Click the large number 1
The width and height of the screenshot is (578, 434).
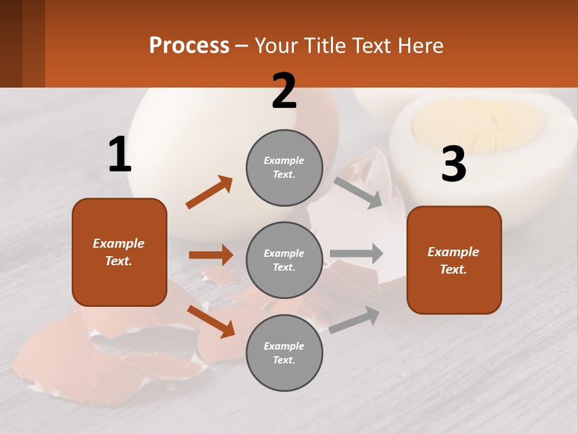(120, 154)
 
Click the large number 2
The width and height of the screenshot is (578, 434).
(284, 91)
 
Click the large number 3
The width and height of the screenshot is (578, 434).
(454, 165)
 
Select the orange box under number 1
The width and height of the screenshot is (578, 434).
(119, 252)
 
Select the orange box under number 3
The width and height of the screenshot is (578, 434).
(454, 260)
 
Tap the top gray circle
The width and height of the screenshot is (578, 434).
(284, 168)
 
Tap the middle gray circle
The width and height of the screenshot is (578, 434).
(284, 260)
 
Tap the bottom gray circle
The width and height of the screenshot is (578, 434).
(284, 353)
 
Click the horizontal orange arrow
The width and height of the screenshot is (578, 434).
(211, 255)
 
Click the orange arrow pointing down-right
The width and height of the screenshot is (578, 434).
(211, 321)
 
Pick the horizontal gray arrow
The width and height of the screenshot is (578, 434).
(356, 253)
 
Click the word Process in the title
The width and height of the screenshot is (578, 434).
(189, 45)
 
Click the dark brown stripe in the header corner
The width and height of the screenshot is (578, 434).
(11, 43)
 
